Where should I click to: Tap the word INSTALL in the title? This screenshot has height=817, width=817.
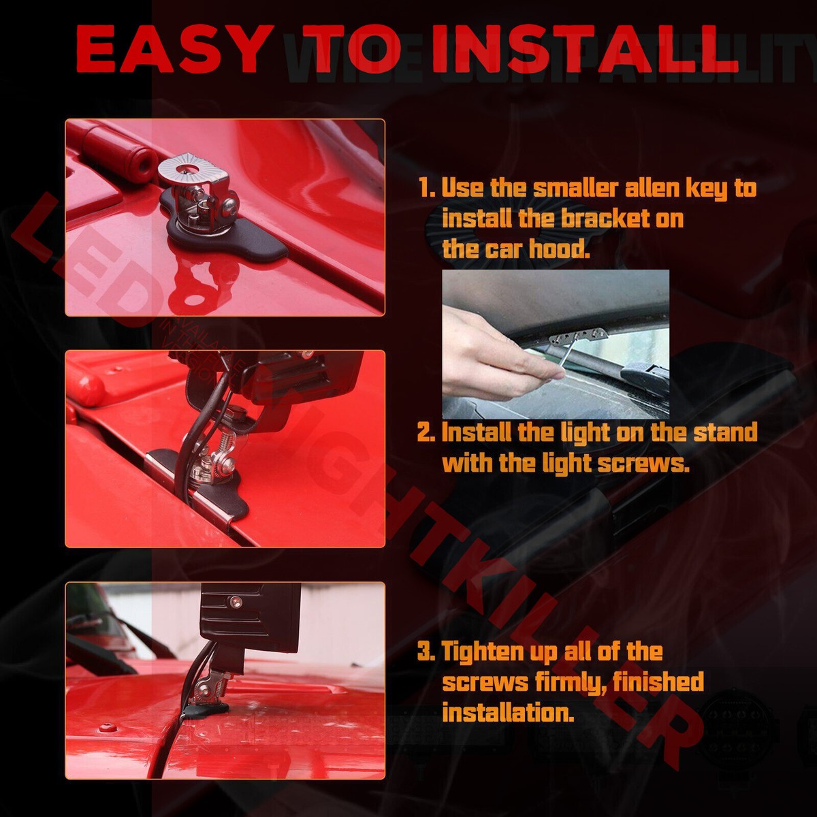pyautogui.click(x=584, y=49)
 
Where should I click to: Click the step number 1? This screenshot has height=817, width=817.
pyautogui.click(x=426, y=189)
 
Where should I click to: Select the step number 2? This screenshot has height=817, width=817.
pyautogui.click(x=426, y=433)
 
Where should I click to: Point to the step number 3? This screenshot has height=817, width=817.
pyautogui.click(x=426, y=652)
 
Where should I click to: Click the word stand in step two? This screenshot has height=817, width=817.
pyautogui.click(x=725, y=433)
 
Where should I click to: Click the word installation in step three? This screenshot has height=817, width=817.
pyautogui.click(x=505, y=713)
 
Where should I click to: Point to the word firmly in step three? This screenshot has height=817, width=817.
pyautogui.click(x=572, y=682)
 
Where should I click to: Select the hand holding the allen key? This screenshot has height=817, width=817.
pyautogui.click(x=490, y=354)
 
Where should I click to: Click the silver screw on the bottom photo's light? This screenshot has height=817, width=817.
pyautogui.click(x=236, y=601)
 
